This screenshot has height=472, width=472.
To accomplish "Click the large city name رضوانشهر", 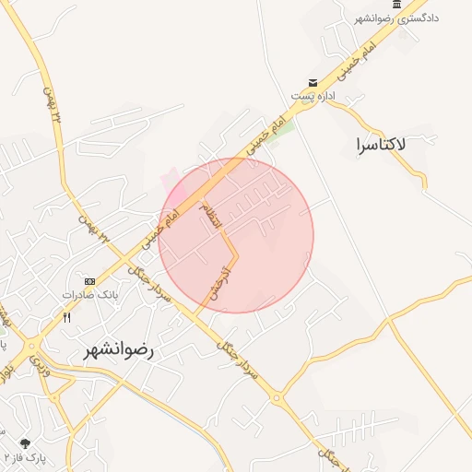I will pos(119,351).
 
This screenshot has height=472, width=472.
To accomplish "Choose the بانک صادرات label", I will pos(90,295).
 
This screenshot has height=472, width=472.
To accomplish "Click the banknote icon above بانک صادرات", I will pos(89,281).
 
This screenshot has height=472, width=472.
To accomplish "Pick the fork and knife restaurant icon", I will pos(67,316).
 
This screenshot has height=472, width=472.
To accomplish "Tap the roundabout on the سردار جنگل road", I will pos(277,398).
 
